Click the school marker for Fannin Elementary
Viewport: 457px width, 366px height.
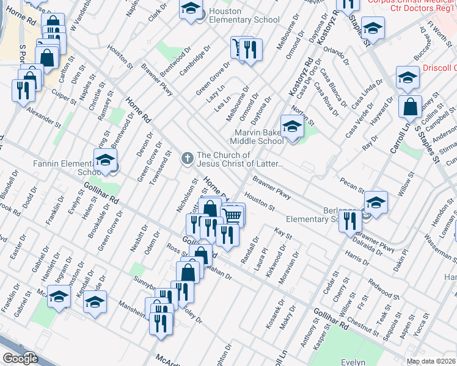(105, 160)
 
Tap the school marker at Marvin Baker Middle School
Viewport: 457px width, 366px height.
(292, 127)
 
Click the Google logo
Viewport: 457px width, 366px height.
(21, 358)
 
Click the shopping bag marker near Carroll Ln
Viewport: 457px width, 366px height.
(410, 107)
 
